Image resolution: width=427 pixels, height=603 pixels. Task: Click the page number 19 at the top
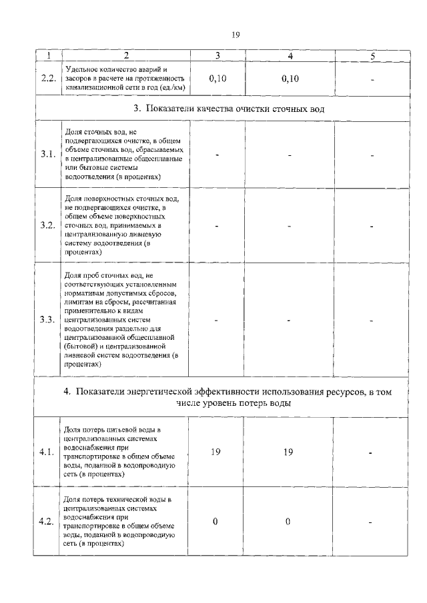pos(236,35)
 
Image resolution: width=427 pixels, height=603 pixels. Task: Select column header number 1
pos(47,56)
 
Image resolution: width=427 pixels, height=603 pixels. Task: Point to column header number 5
pos(372,56)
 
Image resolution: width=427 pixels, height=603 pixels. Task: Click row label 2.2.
pos(47,79)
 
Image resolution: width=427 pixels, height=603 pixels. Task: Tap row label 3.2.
pos(47,225)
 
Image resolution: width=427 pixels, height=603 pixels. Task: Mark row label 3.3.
pos(47,319)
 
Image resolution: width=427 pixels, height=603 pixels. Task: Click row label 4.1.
pos(47,452)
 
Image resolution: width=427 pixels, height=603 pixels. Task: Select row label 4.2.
pos(47,521)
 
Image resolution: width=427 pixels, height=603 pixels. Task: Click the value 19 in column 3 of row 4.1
pos(216,452)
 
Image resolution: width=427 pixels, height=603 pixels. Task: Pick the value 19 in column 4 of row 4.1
pos(288,452)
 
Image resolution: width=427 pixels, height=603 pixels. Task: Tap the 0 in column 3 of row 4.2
pos(216,521)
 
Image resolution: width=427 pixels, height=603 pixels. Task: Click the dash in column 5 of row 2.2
pos(372,80)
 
